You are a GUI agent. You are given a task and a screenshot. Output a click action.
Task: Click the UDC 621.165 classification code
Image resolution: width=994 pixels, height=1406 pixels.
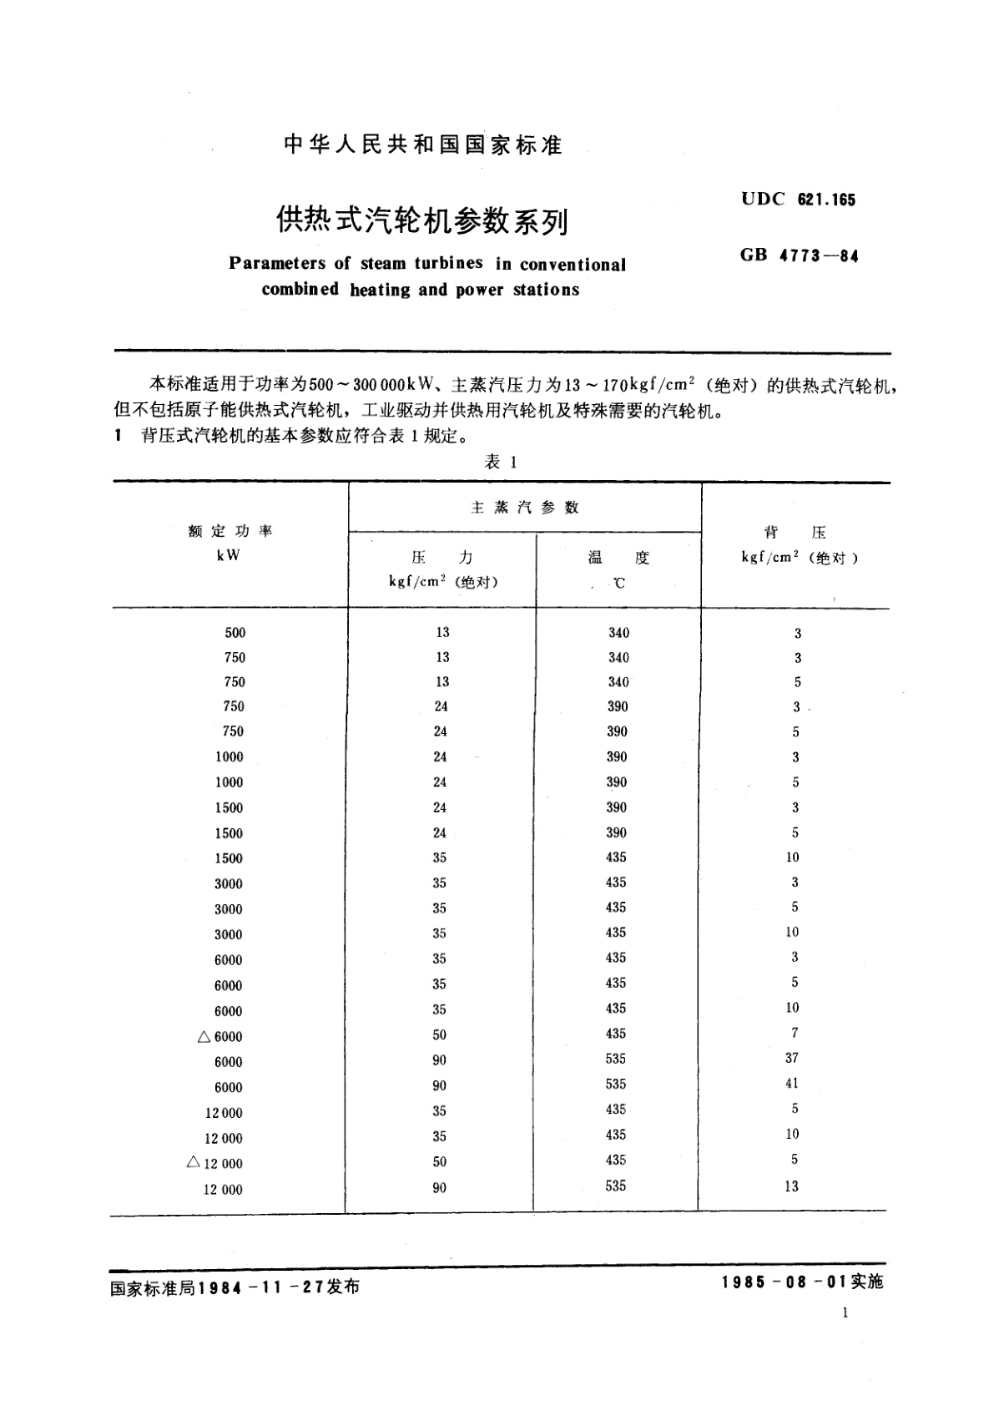(798, 200)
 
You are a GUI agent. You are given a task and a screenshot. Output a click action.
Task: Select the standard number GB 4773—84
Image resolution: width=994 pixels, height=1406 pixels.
(799, 256)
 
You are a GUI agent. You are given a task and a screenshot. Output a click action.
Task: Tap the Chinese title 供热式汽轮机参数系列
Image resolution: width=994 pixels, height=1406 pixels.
(423, 221)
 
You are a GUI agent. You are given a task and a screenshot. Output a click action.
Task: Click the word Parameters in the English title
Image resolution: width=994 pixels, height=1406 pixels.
(277, 264)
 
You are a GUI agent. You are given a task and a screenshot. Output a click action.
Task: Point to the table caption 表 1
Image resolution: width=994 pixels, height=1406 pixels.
(501, 462)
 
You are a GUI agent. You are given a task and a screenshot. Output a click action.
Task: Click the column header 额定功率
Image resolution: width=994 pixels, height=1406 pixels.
(230, 531)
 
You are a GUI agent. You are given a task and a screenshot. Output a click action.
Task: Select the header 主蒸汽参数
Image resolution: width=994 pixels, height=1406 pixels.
(525, 508)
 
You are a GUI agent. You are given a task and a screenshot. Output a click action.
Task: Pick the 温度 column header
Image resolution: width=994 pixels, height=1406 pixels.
(618, 559)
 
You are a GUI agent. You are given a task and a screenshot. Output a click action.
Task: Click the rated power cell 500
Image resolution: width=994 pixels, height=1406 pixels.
(235, 633)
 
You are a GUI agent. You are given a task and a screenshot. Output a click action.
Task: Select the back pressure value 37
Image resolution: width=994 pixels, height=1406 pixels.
(792, 1058)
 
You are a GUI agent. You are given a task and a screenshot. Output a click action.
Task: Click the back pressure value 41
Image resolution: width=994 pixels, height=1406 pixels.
(792, 1083)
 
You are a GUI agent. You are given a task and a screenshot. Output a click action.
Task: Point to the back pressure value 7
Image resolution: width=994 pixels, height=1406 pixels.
(795, 1033)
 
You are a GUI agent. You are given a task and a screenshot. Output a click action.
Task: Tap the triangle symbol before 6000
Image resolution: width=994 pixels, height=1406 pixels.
(204, 1036)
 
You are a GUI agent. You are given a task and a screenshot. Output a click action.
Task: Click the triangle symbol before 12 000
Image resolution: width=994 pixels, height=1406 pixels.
(194, 1162)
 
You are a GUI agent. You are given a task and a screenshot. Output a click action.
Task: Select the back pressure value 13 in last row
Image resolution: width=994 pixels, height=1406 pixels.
(791, 1186)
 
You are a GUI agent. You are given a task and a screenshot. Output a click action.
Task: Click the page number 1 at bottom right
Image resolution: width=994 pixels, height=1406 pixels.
(845, 1313)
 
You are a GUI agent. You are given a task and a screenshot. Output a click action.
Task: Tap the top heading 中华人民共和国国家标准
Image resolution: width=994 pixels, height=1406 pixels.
(423, 145)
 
